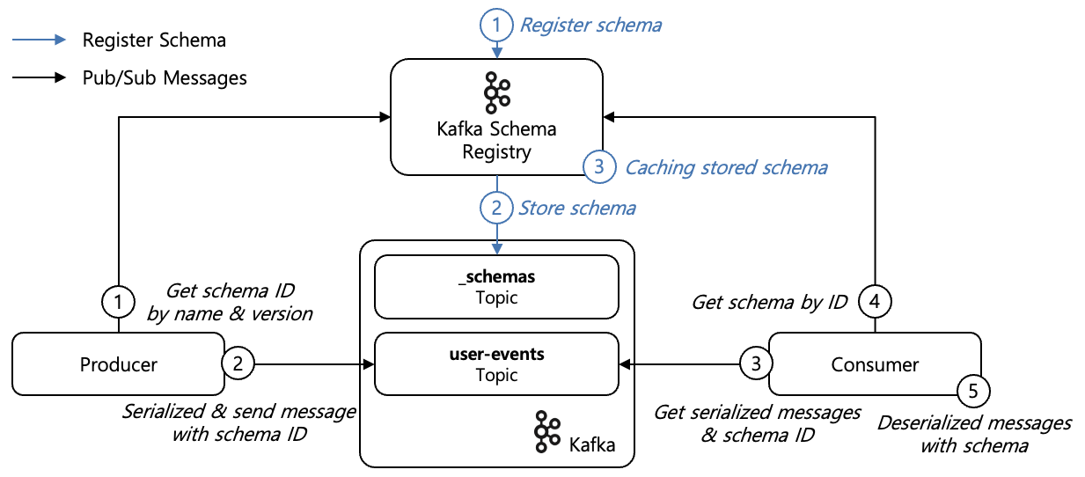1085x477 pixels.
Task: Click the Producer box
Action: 118,364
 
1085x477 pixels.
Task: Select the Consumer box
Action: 875,364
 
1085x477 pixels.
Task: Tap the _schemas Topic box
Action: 496,287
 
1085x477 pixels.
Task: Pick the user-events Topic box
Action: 496,364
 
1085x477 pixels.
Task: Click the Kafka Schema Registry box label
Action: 496,141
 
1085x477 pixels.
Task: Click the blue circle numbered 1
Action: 496,25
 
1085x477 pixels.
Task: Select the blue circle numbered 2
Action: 496,209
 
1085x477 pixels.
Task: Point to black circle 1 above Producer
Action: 118,303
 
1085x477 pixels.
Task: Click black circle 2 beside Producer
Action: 238,362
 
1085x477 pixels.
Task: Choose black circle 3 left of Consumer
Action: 754,362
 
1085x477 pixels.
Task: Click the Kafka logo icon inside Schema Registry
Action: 497,92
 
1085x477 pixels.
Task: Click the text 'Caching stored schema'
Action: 726,167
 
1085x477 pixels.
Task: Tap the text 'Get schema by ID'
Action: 769,303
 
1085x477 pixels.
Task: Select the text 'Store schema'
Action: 576,209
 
